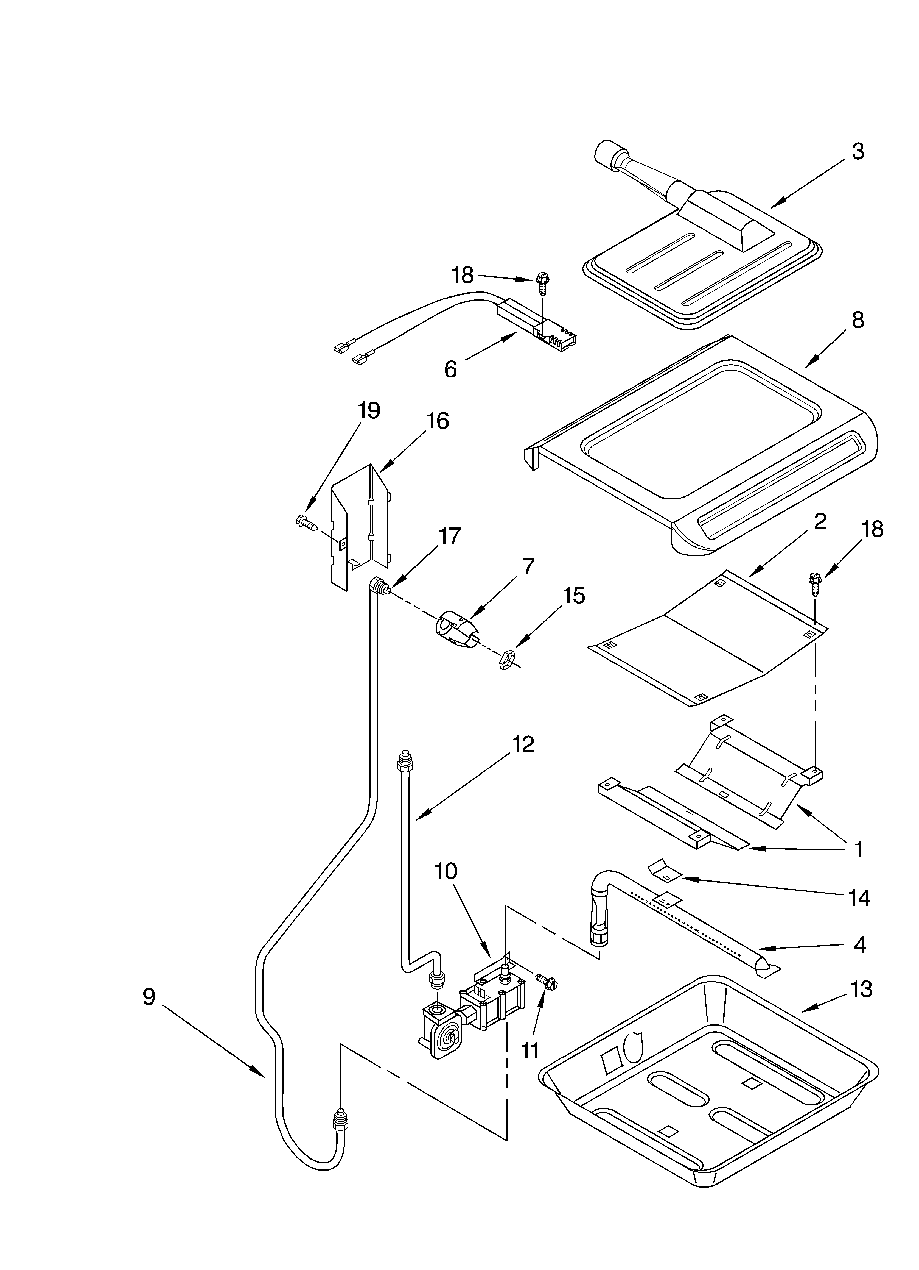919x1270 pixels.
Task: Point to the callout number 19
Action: pos(369,410)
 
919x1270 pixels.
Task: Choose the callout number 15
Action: pos(574,595)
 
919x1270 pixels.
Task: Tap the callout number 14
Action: pos(859,897)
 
